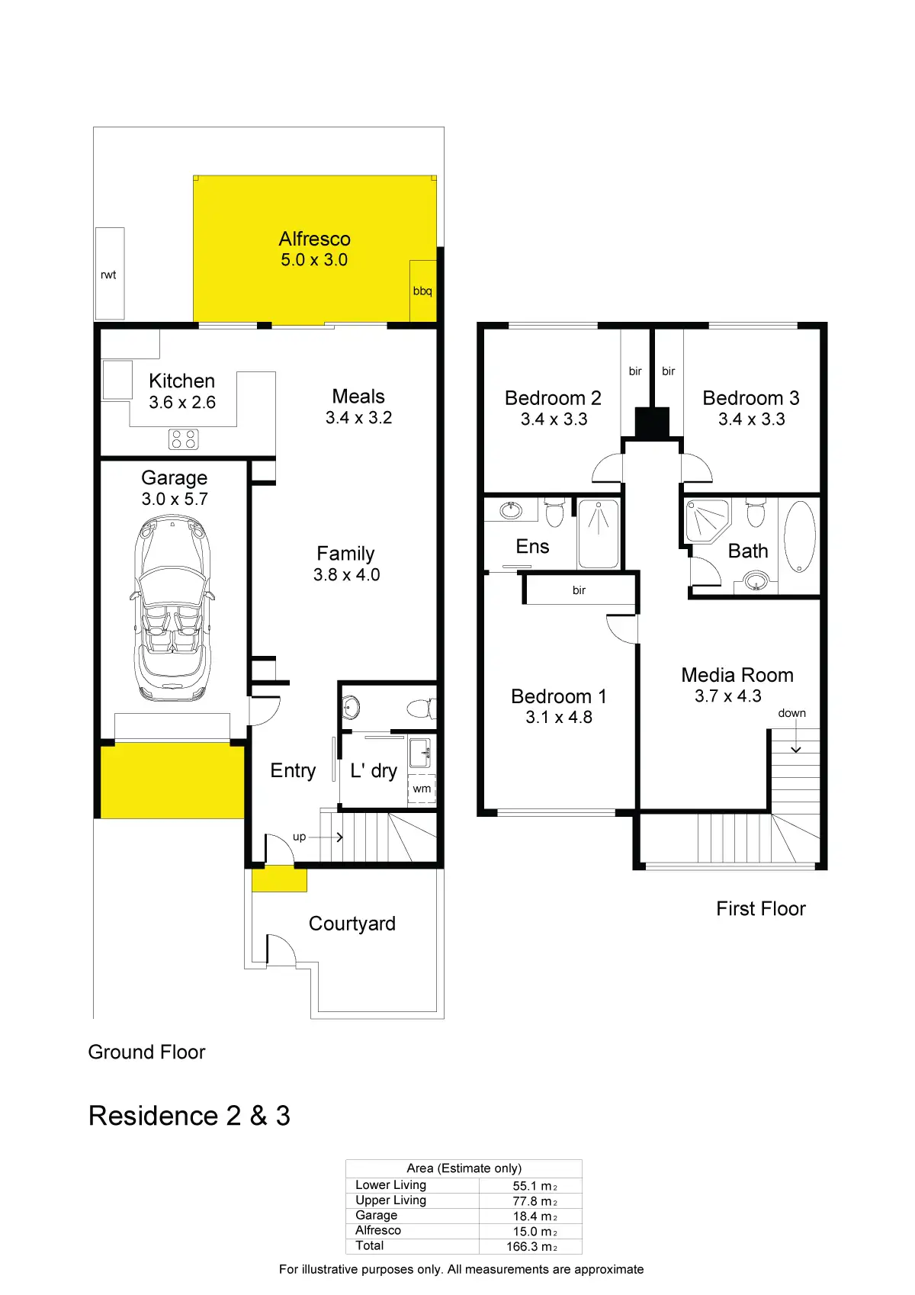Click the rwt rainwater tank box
coord(110,273)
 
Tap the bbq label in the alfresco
coord(422,291)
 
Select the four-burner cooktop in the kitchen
coord(184,439)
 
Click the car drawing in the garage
coord(172,608)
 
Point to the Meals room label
coord(358,397)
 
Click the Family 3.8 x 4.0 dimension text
coord(346,575)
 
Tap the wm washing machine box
coord(422,789)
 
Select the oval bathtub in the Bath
coord(800,535)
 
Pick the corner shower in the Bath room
coord(707,520)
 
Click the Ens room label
coord(532,546)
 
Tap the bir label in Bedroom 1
coord(579,590)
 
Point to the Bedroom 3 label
coord(750,398)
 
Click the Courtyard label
coord(352,924)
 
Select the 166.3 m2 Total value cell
coord(531,1246)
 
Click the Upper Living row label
coord(390,1200)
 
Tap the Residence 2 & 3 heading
coord(189,1115)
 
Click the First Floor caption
coord(760,908)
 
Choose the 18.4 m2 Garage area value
coord(535,1216)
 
